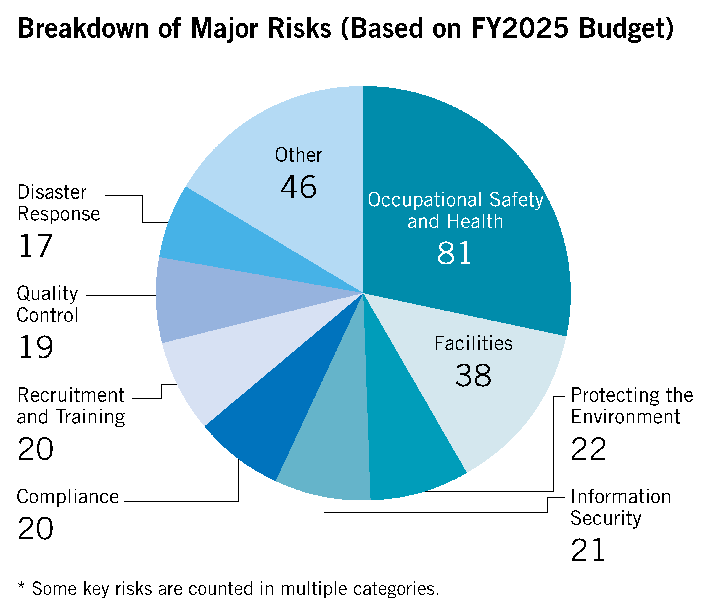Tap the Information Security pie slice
click(330, 447)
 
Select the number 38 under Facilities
click(473, 375)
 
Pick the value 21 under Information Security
click(587, 550)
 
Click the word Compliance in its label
click(68, 497)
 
